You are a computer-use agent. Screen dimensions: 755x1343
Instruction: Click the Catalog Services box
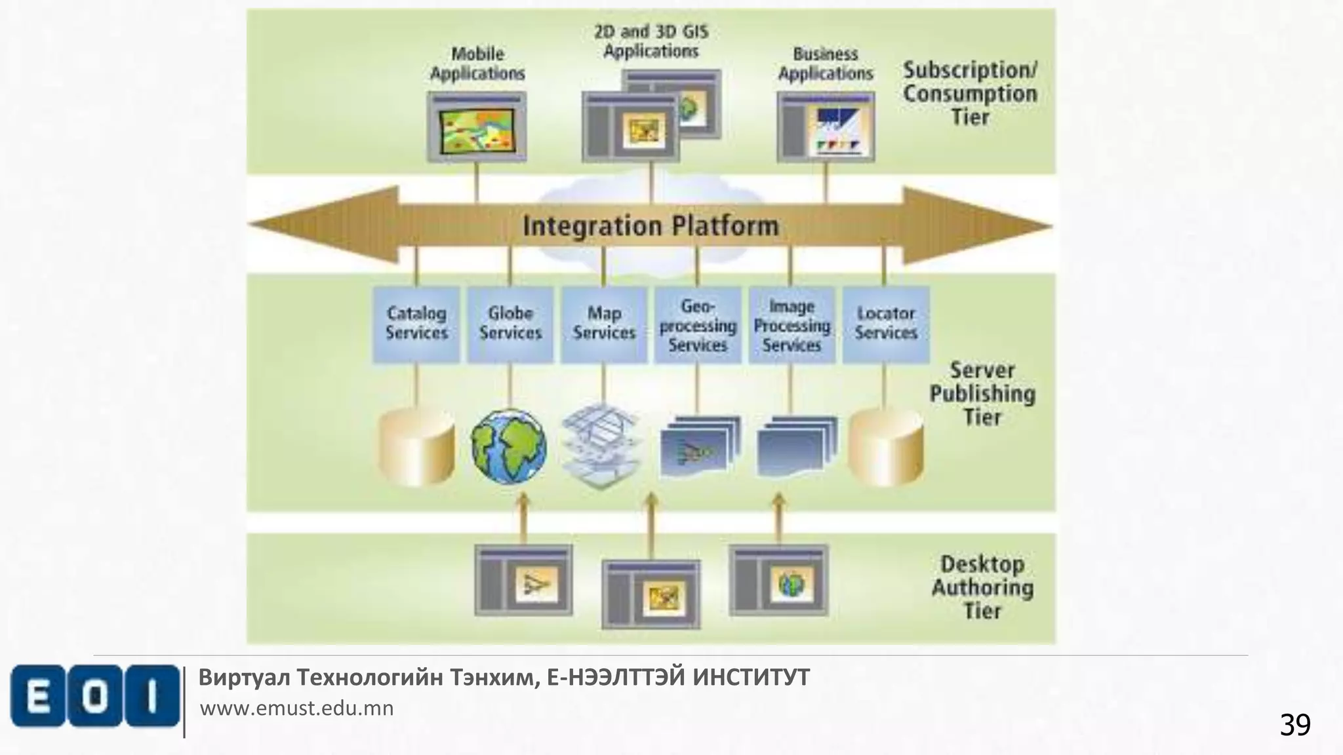pyautogui.click(x=416, y=324)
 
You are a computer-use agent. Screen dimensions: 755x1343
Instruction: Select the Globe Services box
pyautogui.click(x=510, y=324)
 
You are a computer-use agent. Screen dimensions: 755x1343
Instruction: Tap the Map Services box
pyautogui.click(x=604, y=324)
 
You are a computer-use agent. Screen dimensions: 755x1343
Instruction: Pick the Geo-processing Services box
pyautogui.click(x=698, y=325)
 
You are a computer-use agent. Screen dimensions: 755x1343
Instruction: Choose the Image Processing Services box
pyautogui.click(x=792, y=325)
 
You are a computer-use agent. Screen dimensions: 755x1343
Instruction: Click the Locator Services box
pyautogui.click(x=886, y=324)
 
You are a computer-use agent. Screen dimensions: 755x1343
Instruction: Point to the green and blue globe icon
pyautogui.click(x=509, y=447)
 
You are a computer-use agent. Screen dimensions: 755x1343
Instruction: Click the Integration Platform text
pyautogui.click(x=651, y=226)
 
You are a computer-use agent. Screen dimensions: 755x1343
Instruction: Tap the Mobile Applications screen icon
pyautogui.click(x=477, y=126)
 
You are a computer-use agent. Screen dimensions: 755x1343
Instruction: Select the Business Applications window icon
pyautogui.click(x=826, y=126)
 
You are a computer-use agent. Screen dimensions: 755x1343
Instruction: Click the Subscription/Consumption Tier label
pyautogui.click(x=970, y=94)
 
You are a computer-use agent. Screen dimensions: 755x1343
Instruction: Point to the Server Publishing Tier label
pyautogui.click(x=982, y=393)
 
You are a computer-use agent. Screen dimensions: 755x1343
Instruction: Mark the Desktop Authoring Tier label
pyautogui.click(x=982, y=587)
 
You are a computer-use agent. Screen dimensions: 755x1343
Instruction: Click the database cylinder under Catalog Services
pyautogui.click(x=416, y=447)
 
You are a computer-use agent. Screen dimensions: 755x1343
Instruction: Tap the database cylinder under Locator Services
pyautogui.click(x=886, y=447)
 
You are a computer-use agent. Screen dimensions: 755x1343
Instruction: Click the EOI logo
pyautogui.click(x=94, y=696)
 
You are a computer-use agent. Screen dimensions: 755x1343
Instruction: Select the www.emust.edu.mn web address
pyautogui.click(x=296, y=708)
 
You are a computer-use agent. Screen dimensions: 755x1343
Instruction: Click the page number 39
pyautogui.click(x=1294, y=725)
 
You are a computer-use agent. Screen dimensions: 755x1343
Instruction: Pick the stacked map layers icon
pyautogui.click(x=602, y=446)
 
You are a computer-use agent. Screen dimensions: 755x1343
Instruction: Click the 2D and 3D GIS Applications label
pyautogui.click(x=651, y=41)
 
